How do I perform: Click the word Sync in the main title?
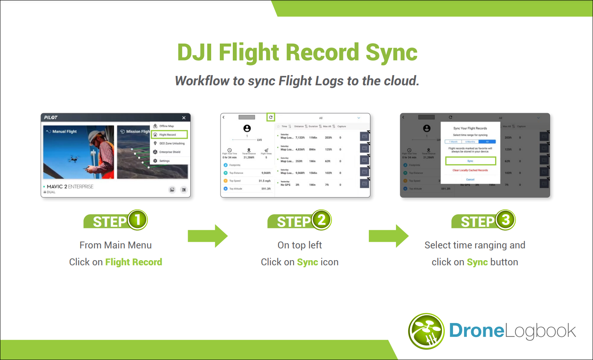tap(391, 53)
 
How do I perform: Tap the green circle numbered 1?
tap(138, 220)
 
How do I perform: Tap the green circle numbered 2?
tap(322, 220)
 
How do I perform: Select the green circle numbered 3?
tap(506, 220)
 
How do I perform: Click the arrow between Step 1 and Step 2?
tap(208, 236)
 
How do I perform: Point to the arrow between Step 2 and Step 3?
tap(389, 236)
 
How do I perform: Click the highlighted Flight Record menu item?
tap(169, 135)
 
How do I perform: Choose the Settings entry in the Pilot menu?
tap(164, 161)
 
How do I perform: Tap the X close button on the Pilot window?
tap(184, 118)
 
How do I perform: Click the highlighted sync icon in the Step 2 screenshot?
tap(271, 117)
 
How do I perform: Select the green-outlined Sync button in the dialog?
tap(470, 161)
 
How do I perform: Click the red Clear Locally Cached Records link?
tap(470, 170)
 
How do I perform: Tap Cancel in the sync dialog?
tap(470, 179)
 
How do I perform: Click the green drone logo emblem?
tap(427, 331)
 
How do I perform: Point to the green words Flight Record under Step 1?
tap(134, 262)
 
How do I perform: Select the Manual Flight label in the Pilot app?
tap(64, 132)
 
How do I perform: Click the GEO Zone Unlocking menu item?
tap(172, 143)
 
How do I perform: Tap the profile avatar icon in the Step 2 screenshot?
tap(247, 128)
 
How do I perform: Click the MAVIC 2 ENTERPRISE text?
tap(70, 187)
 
